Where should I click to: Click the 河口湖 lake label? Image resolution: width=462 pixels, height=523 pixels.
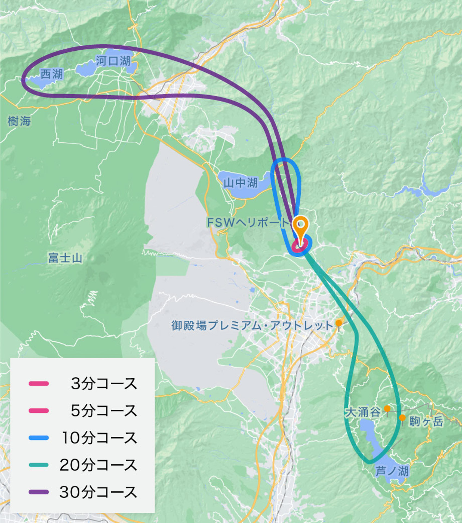(x=113, y=61)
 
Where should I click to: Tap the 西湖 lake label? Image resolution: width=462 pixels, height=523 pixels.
(x=52, y=74)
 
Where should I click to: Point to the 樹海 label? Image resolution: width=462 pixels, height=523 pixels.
(x=19, y=121)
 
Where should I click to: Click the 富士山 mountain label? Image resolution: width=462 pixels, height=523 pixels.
(x=65, y=258)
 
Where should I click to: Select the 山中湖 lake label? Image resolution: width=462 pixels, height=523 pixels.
(x=241, y=183)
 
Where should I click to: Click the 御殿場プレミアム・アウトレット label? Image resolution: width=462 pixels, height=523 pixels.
(x=252, y=326)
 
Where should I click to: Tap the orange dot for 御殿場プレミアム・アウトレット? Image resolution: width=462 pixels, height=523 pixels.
(x=338, y=323)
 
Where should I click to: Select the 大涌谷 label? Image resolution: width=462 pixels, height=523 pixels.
(x=363, y=412)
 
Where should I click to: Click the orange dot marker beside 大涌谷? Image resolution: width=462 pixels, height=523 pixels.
(x=387, y=409)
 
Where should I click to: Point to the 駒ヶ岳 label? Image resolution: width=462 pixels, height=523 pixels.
(x=426, y=421)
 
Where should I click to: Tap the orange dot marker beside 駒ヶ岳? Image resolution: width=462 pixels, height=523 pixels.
(x=402, y=418)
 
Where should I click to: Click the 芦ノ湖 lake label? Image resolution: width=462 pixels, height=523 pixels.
(x=392, y=471)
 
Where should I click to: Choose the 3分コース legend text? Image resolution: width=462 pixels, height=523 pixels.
(x=104, y=384)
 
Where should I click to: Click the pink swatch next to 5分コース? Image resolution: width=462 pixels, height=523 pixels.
(x=39, y=411)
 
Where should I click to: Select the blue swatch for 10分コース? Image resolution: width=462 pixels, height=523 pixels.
(x=39, y=438)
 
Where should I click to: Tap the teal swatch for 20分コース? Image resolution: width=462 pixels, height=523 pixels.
(x=39, y=465)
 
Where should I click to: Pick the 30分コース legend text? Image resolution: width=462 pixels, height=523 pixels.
(x=98, y=492)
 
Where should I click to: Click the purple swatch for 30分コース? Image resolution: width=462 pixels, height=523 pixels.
(x=39, y=492)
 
